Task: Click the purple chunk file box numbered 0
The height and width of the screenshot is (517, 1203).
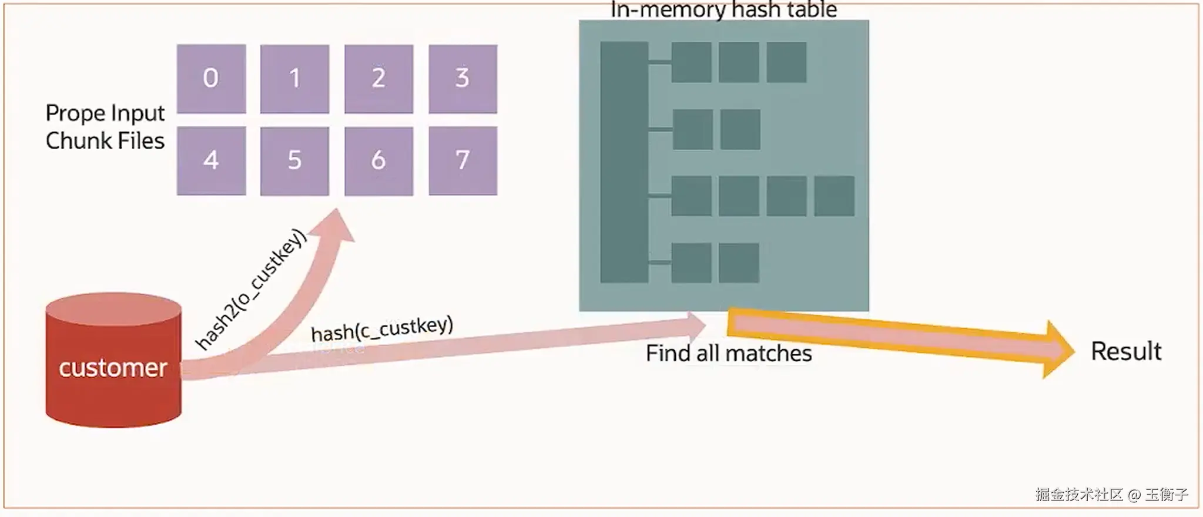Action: [x=211, y=79]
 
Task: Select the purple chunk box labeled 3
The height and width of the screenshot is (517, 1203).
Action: [x=463, y=79]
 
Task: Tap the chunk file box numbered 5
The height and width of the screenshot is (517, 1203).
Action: [x=294, y=160]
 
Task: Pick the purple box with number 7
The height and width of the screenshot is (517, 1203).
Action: [x=463, y=160]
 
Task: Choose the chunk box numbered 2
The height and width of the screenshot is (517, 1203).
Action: [x=378, y=79]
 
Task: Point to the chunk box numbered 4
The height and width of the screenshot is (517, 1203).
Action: [x=211, y=160]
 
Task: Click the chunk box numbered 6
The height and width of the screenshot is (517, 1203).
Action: [x=378, y=160]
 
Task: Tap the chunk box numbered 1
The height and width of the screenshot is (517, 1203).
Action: [x=294, y=79]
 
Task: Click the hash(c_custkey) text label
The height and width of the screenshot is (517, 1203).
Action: [x=382, y=329]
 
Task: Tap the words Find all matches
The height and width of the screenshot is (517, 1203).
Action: [x=729, y=354]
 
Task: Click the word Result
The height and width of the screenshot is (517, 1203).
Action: [x=1125, y=351]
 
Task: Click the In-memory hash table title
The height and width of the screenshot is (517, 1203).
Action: [x=723, y=10]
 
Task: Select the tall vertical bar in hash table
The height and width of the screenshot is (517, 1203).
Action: [x=624, y=162]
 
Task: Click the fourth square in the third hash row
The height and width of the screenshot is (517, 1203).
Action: [x=834, y=196]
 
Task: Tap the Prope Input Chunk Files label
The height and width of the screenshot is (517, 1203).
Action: [x=105, y=127]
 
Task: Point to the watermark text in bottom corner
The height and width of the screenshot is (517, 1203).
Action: [x=1111, y=495]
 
